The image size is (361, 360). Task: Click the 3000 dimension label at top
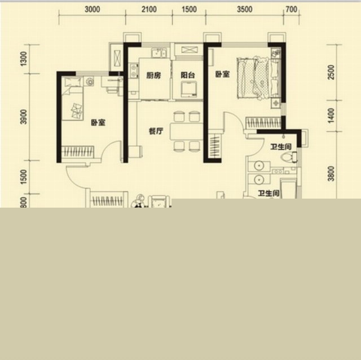(x=93, y=9)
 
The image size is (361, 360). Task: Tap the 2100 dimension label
(x=149, y=9)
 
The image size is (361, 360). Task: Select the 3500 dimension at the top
(x=244, y=9)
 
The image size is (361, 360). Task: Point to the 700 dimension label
(x=291, y=9)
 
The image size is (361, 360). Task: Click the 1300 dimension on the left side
(x=24, y=59)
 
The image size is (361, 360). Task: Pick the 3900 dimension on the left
(x=24, y=117)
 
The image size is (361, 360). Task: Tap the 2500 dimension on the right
(x=331, y=72)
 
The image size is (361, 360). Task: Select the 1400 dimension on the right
(x=331, y=116)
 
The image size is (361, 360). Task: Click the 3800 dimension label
(x=331, y=174)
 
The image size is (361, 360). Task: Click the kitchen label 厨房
(x=153, y=75)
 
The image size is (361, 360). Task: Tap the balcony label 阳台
(x=188, y=75)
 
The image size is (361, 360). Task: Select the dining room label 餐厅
(x=156, y=131)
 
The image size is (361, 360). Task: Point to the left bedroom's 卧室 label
(x=98, y=122)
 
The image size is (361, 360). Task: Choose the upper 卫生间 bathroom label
(x=281, y=147)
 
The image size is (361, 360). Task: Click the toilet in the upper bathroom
(x=289, y=157)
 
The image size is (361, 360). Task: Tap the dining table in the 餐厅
(x=186, y=131)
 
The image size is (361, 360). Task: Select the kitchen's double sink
(x=159, y=52)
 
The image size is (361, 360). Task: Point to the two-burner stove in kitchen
(x=134, y=70)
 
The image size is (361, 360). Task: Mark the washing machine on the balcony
(x=188, y=89)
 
